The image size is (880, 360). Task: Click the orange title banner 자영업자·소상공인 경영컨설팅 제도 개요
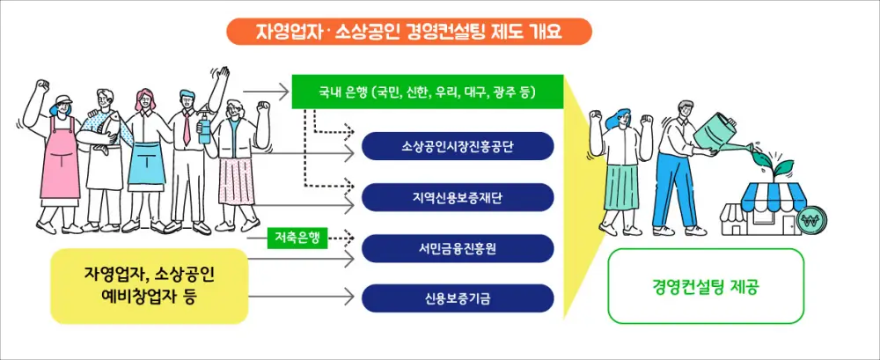click(x=409, y=32)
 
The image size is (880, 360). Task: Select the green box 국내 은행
click(x=427, y=92)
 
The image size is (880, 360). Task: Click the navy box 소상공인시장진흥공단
click(x=458, y=146)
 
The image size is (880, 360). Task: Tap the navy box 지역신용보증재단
click(x=458, y=197)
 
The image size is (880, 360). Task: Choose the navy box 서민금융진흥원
click(x=458, y=248)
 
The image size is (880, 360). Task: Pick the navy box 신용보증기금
click(x=458, y=298)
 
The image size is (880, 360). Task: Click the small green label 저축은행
click(x=297, y=237)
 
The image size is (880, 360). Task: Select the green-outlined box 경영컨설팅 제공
click(x=707, y=285)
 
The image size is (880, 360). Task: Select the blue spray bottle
click(x=204, y=130)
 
